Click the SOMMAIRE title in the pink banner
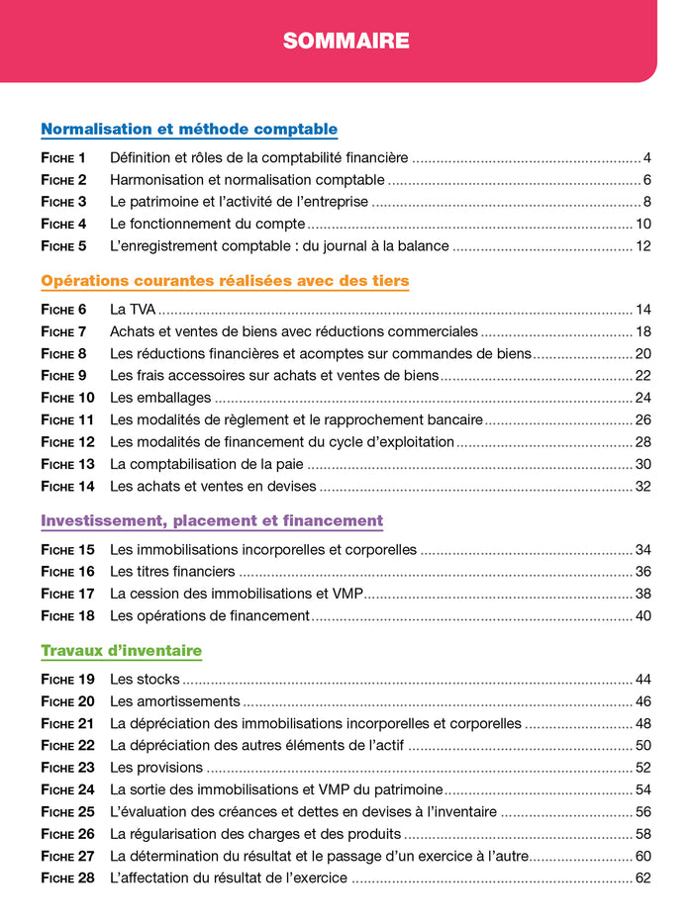346,41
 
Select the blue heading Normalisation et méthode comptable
189,130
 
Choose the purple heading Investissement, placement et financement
212,520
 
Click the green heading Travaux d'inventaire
121,651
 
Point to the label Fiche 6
63,310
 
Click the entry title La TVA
132,310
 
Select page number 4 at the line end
645,157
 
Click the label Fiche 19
67,680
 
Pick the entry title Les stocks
145,680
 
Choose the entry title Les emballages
160,398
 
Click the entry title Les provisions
156,768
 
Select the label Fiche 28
67,878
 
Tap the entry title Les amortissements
174,701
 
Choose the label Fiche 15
67,549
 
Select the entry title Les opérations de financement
210,615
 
